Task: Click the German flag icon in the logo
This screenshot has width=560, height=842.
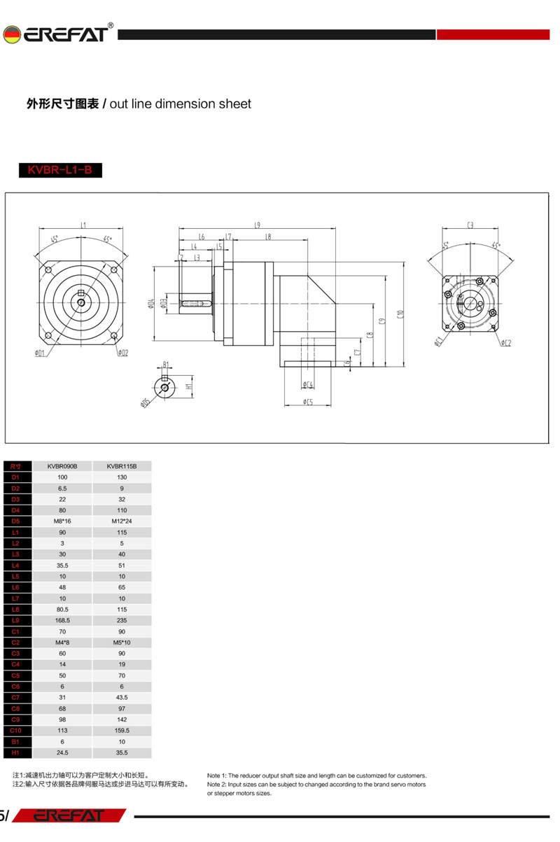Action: click(11, 34)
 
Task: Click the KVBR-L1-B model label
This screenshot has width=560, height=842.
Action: click(60, 170)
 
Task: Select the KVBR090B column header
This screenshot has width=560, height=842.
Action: click(62, 465)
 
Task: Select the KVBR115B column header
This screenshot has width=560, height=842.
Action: click(122, 465)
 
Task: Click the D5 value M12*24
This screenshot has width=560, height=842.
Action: click(122, 521)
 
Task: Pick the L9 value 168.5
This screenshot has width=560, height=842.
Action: click(62, 620)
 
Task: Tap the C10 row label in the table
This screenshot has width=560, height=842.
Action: click(16, 731)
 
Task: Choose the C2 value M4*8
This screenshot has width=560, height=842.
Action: click(62, 643)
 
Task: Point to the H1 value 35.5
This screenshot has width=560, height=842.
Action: click(122, 752)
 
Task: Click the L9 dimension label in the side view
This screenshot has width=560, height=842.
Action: click(258, 225)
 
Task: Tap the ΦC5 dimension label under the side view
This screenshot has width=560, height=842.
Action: click(308, 402)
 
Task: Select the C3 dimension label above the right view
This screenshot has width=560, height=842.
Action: click(470, 225)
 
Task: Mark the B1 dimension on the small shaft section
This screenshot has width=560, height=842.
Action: click(165, 364)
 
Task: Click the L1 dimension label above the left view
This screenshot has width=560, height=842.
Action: click(83, 225)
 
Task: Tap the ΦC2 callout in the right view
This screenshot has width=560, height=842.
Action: click(506, 343)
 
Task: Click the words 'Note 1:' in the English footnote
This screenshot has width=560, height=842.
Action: click(217, 776)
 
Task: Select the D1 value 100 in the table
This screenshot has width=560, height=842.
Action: click(62, 477)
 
